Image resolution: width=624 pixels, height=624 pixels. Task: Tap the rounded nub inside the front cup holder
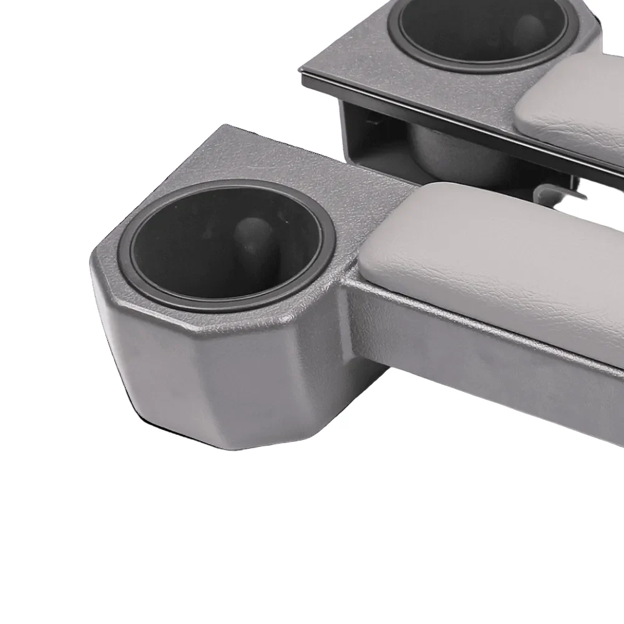[x=253, y=240]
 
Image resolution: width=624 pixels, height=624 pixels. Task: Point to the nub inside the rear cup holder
[x=530, y=31]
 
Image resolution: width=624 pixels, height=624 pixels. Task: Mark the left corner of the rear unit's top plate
[x=302, y=72]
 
